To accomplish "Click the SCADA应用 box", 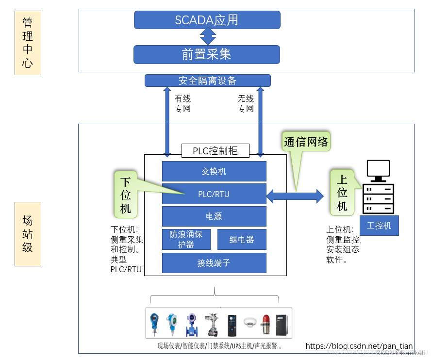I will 207,20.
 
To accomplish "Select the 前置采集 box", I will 207,54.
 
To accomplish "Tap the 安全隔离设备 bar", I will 207,81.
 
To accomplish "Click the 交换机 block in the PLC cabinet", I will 214,171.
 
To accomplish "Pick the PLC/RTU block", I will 214,194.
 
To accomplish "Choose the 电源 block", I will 214,216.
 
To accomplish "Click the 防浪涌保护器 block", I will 186,239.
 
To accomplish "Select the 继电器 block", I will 242,239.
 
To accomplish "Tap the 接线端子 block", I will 214,262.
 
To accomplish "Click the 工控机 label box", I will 379,226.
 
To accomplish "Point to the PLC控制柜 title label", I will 215,150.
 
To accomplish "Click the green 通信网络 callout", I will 306,142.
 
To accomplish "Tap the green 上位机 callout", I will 342,192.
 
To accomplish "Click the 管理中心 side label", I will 28,43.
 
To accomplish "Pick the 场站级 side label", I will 28,234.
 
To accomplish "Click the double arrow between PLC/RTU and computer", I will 295,196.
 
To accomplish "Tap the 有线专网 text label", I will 183,103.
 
